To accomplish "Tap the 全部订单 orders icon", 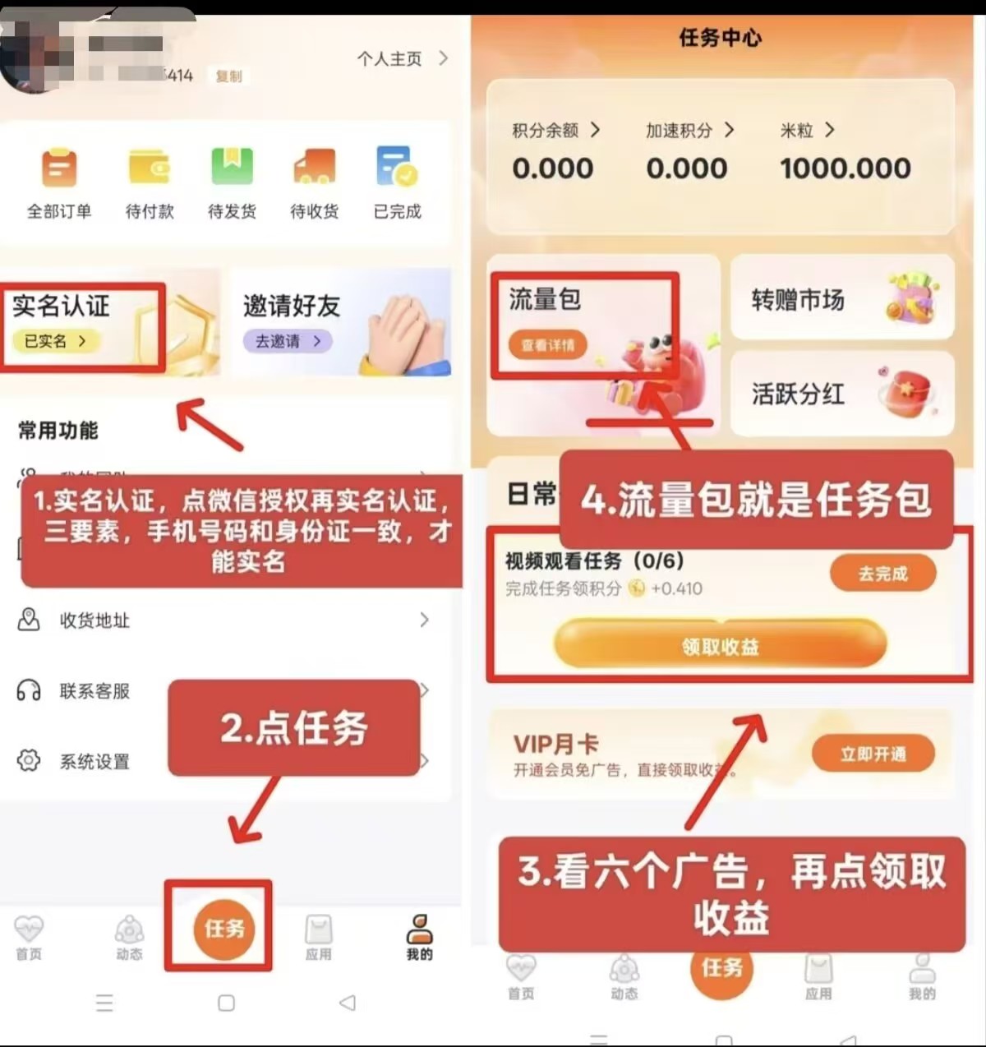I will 59,168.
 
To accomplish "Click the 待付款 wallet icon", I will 150,168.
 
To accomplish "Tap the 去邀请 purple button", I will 288,341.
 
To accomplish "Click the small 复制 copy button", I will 228,76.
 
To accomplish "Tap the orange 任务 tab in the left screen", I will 224,929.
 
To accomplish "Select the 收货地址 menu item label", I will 94,620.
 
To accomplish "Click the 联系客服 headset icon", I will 29,690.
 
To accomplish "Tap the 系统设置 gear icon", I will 29,761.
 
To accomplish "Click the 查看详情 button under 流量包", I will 548,345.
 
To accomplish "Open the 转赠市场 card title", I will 798,300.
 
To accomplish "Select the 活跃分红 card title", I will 798,394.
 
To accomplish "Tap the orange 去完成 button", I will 882,574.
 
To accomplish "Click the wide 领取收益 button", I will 720,646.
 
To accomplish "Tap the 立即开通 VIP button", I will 873,754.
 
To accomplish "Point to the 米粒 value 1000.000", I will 845,168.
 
